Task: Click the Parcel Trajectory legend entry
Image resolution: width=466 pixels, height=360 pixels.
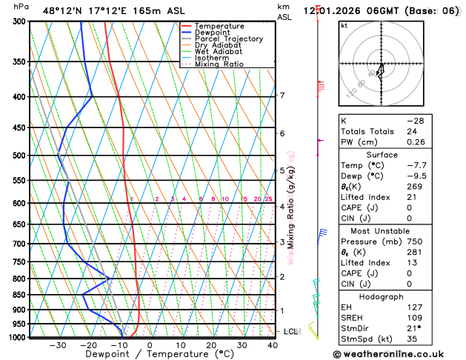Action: [x=228, y=39]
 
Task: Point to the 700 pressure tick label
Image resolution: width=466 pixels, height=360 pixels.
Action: [x=19, y=244]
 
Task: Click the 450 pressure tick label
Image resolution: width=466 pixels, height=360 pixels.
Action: [x=19, y=128]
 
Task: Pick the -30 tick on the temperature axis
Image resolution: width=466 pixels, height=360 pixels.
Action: [x=57, y=345]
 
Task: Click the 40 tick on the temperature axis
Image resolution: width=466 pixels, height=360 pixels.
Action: [x=273, y=345]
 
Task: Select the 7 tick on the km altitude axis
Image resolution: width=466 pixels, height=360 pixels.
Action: [x=282, y=96]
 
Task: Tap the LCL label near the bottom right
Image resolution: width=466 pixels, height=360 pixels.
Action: [x=290, y=331]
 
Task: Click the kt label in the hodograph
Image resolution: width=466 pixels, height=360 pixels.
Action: [x=344, y=25]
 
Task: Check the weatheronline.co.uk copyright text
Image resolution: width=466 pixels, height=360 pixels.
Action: [x=399, y=354]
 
